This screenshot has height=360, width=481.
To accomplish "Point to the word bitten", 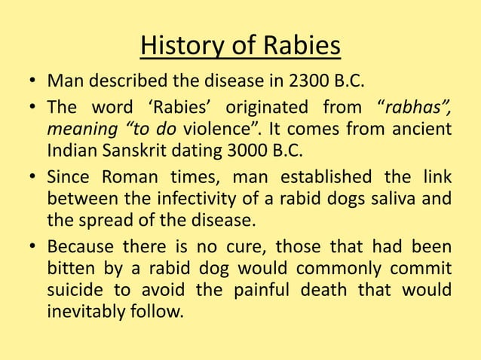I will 72,268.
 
